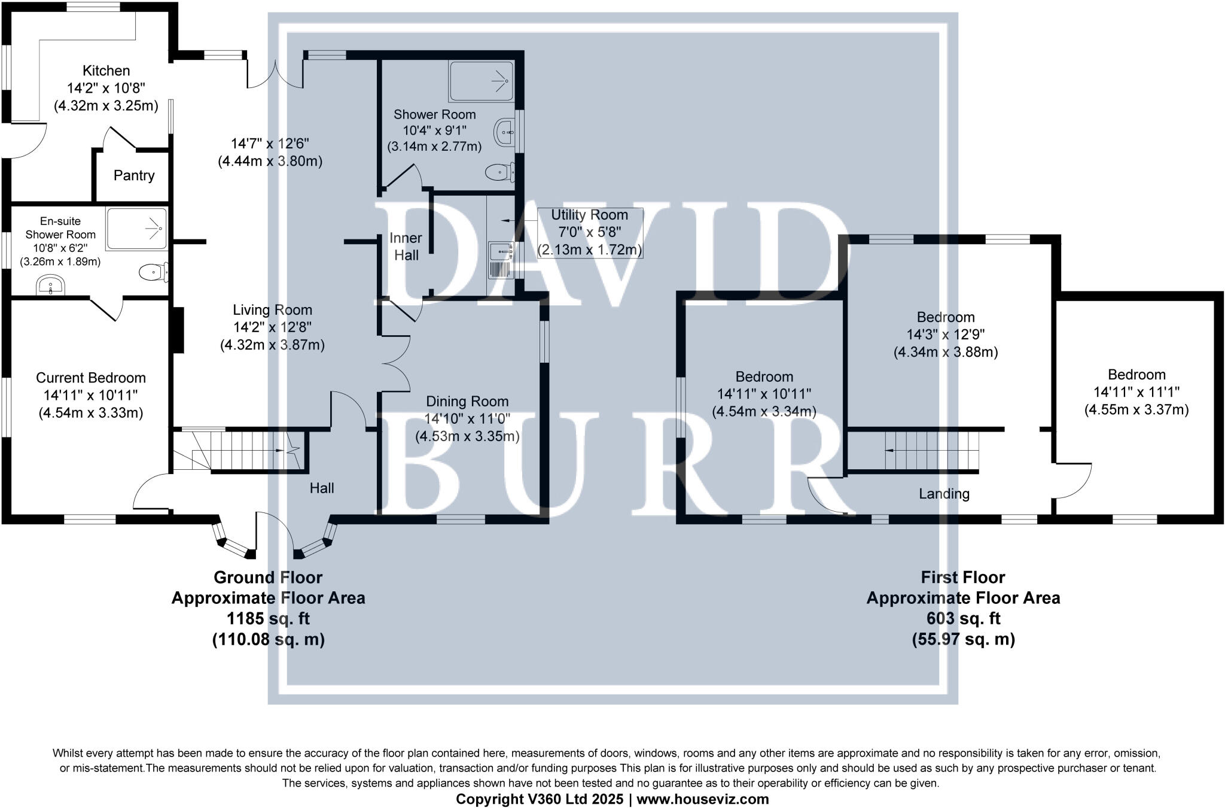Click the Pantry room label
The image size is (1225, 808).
[x=134, y=175]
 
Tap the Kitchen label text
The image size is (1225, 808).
[x=106, y=71]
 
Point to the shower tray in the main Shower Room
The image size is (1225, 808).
[x=481, y=81]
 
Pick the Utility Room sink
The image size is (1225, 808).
[x=500, y=251]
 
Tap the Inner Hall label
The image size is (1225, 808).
[x=406, y=247]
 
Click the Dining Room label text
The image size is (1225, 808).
[x=467, y=402]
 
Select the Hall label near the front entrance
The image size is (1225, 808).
[x=322, y=488]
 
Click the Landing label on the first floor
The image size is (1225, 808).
[x=944, y=494]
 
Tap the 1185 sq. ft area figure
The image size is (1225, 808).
[x=268, y=618]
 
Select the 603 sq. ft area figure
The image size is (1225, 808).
[x=963, y=618]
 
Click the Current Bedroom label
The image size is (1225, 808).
[x=91, y=378]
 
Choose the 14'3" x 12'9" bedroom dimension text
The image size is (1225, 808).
[x=946, y=335]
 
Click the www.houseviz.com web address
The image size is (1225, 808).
[x=703, y=799]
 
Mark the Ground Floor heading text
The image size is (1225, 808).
[x=268, y=578]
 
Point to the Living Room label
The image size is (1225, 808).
[x=272, y=310]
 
